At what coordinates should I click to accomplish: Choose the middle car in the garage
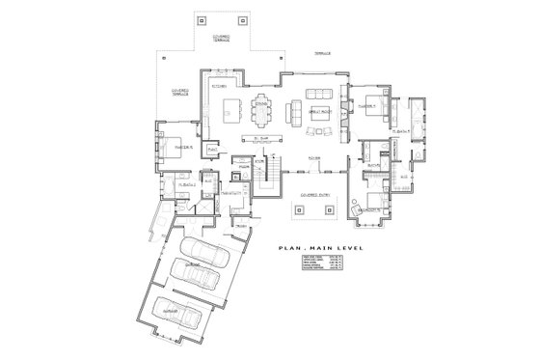click(x=197, y=283)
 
